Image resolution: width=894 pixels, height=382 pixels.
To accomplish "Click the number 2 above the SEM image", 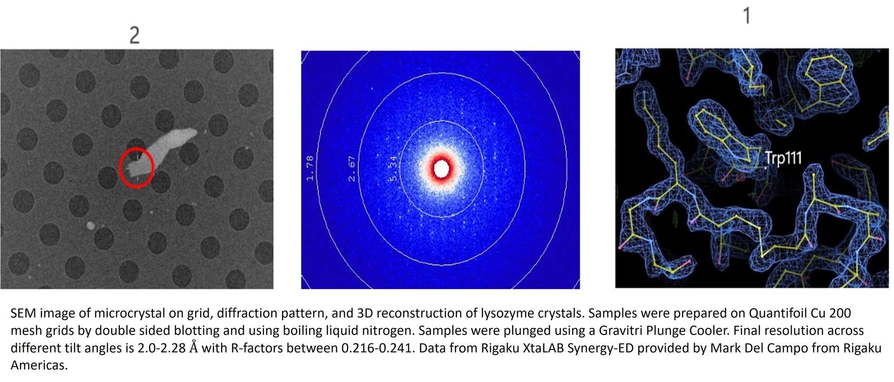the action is (x=135, y=35).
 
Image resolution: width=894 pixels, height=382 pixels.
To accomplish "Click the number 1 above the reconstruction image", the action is (x=747, y=15).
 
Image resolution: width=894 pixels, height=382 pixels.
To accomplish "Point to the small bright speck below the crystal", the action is (x=91, y=226).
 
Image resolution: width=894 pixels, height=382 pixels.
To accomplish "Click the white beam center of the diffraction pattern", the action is (x=441, y=168).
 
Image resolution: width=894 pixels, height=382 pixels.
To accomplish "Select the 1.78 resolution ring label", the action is (x=310, y=168).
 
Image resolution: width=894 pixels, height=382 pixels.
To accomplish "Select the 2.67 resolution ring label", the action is (x=352, y=168).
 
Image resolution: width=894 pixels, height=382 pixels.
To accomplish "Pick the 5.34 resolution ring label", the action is (x=393, y=168).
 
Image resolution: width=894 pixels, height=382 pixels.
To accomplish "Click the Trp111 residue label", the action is (x=784, y=158).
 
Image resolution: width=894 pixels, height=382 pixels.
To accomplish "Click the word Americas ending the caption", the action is (x=39, y=365).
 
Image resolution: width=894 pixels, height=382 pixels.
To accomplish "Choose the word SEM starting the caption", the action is (x=23, y=313).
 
